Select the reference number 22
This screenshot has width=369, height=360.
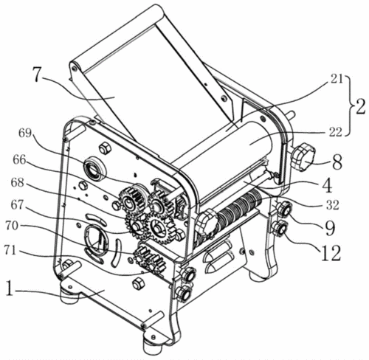pyautogui.click(x=335, y=132)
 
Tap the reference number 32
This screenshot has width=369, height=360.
pyautogui.click(x=333, y=204)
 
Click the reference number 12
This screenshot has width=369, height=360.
pyautogui.click(x=331, y=252)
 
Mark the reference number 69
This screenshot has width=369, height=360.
pyautogui.click(x=25, y=133)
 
